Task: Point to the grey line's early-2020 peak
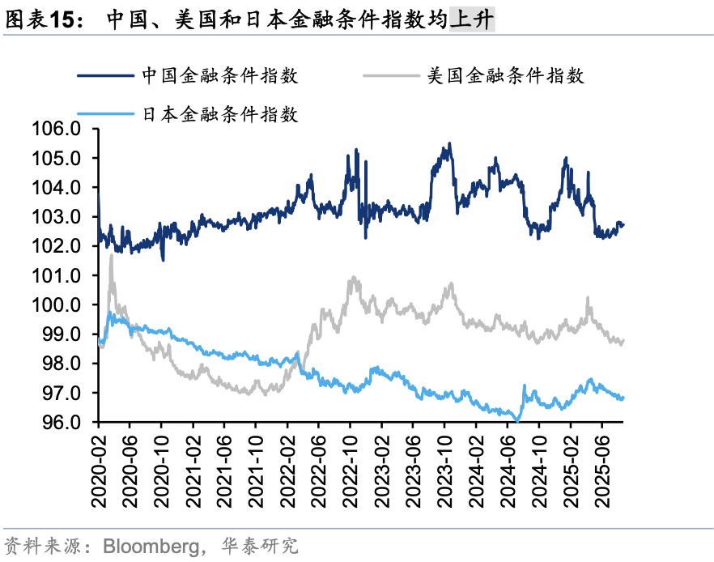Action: click(111, 255)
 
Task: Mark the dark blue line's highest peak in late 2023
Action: click(449, 144)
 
